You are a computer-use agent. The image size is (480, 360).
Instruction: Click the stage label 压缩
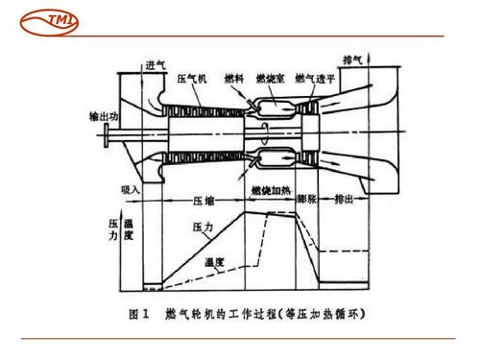pos(204,203)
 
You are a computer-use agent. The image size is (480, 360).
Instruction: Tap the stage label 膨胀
pos(306,203)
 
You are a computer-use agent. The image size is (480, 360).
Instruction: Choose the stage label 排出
pos(343,203)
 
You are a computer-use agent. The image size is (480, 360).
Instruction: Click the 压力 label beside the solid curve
pos(203,228)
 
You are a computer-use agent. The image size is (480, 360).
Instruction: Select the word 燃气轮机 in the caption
pos(201,312)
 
